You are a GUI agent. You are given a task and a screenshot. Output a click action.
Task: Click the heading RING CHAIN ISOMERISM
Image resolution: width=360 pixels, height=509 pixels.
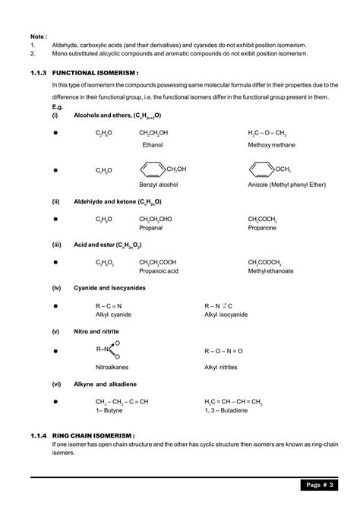point(98,435)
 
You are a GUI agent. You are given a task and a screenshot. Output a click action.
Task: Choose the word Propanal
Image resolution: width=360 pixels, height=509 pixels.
point(152,227)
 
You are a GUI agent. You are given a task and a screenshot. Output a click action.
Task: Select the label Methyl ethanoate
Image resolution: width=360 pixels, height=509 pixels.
point(271,270)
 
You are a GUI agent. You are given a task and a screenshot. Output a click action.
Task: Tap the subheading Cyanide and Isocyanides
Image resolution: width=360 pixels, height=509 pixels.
point(111,289)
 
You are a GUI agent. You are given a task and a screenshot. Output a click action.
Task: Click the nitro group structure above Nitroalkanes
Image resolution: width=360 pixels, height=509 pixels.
point(109,350)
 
